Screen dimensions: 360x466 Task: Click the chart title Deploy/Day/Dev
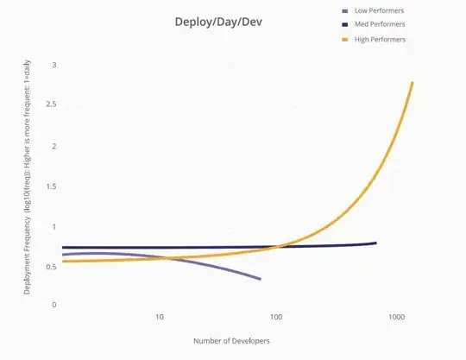coord(215,21)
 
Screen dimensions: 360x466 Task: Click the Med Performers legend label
coord(380,25)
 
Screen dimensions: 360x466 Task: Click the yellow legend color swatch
coord(346,40)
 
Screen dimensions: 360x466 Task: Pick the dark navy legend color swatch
coord(346,25)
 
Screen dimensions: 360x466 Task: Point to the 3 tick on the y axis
coord(54,66)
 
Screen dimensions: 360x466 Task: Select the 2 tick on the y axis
coord(54,146)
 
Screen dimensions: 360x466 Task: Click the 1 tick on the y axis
coord(54,227)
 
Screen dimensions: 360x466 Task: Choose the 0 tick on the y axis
coord(54,305)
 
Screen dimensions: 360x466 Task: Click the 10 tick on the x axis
coord(160,317)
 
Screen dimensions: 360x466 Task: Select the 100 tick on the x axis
coord(278,317)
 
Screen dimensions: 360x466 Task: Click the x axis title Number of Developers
coord(233,341)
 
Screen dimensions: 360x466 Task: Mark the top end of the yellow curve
coord(412,83)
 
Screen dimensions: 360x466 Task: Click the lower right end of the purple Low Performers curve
coord(260,279)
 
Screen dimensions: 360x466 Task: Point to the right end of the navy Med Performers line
coord(375,243)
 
